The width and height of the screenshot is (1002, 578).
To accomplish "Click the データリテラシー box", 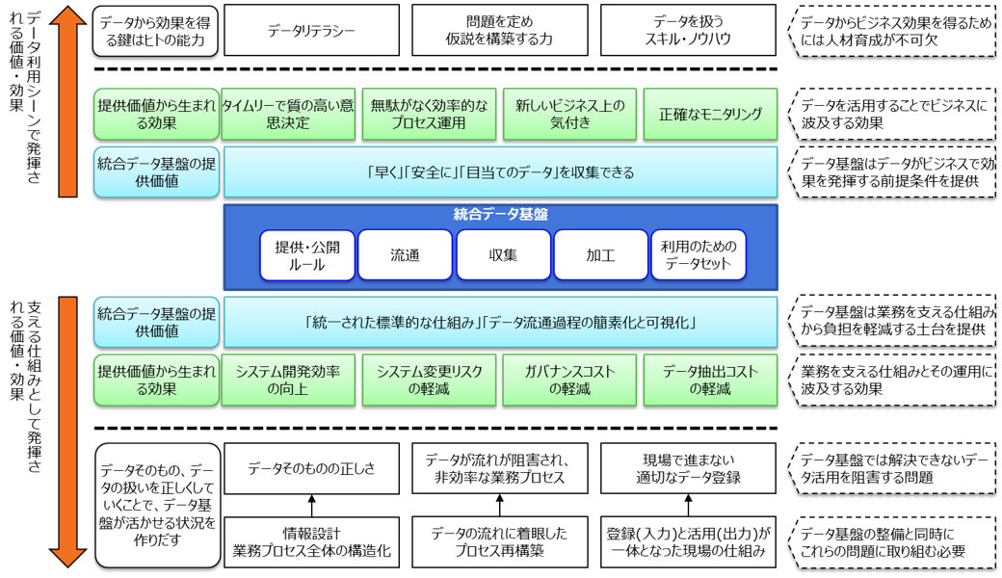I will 310,30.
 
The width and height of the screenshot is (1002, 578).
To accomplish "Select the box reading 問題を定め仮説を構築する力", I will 498,30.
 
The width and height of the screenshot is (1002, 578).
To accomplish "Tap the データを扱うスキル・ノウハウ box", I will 687,30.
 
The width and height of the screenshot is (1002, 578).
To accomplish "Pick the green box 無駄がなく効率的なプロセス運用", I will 429,115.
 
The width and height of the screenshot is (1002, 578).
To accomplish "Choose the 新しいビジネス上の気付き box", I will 569,115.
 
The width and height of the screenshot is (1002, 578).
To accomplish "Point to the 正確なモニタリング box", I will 710,115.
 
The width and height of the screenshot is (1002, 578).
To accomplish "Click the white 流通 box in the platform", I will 405,255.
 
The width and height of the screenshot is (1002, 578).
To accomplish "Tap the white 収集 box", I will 502,255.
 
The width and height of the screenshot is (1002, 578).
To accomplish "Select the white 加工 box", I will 600,255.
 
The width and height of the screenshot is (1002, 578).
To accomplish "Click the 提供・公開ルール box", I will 306,255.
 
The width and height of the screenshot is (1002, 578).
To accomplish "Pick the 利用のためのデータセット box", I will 698,255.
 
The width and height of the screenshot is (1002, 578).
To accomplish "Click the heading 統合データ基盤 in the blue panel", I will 500,216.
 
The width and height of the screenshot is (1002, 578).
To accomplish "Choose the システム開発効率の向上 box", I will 288,380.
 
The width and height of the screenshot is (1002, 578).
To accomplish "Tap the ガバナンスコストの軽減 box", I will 569,380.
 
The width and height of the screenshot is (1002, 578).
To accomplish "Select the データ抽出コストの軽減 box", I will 710,380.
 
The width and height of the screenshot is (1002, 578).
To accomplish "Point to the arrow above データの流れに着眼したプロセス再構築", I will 499,505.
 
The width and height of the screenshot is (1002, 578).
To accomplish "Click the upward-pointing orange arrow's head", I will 64,19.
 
